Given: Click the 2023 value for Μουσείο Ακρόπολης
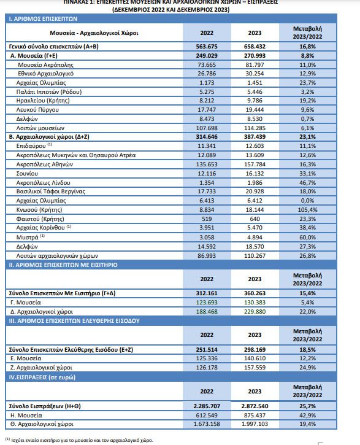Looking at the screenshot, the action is point(255,64).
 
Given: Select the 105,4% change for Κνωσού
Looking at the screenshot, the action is point(307,210).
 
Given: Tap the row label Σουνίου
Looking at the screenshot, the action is point(27,174).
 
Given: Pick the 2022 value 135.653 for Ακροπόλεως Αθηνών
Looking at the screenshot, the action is point(207,164).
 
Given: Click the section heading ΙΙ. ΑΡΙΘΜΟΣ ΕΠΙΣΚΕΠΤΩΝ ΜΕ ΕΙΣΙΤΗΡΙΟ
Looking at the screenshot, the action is point(63,265).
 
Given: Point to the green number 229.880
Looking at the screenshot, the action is point(255,312).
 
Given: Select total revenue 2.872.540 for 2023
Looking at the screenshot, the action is point(255,406).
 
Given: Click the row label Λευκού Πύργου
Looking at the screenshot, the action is point(37,109).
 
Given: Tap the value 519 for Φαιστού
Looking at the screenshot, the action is point(207,219).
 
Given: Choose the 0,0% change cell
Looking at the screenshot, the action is point(307,200).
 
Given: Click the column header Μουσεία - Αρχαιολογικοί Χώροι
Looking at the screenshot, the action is point(94,33).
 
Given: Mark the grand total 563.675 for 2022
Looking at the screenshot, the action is point(207,46).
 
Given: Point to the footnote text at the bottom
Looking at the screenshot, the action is point(79,440).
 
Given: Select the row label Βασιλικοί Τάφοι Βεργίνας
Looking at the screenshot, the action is point(50,192).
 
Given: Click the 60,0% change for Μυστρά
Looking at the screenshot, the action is point(307,238).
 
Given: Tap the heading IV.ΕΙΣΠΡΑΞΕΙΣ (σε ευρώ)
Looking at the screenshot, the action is point(42,377).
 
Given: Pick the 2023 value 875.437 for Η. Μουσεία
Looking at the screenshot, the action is point(255,415).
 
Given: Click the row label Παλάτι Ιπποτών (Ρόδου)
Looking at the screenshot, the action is point(48,91).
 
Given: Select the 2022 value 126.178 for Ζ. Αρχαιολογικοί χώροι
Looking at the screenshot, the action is point(207,367).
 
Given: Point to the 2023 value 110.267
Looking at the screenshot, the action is point(255,256).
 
